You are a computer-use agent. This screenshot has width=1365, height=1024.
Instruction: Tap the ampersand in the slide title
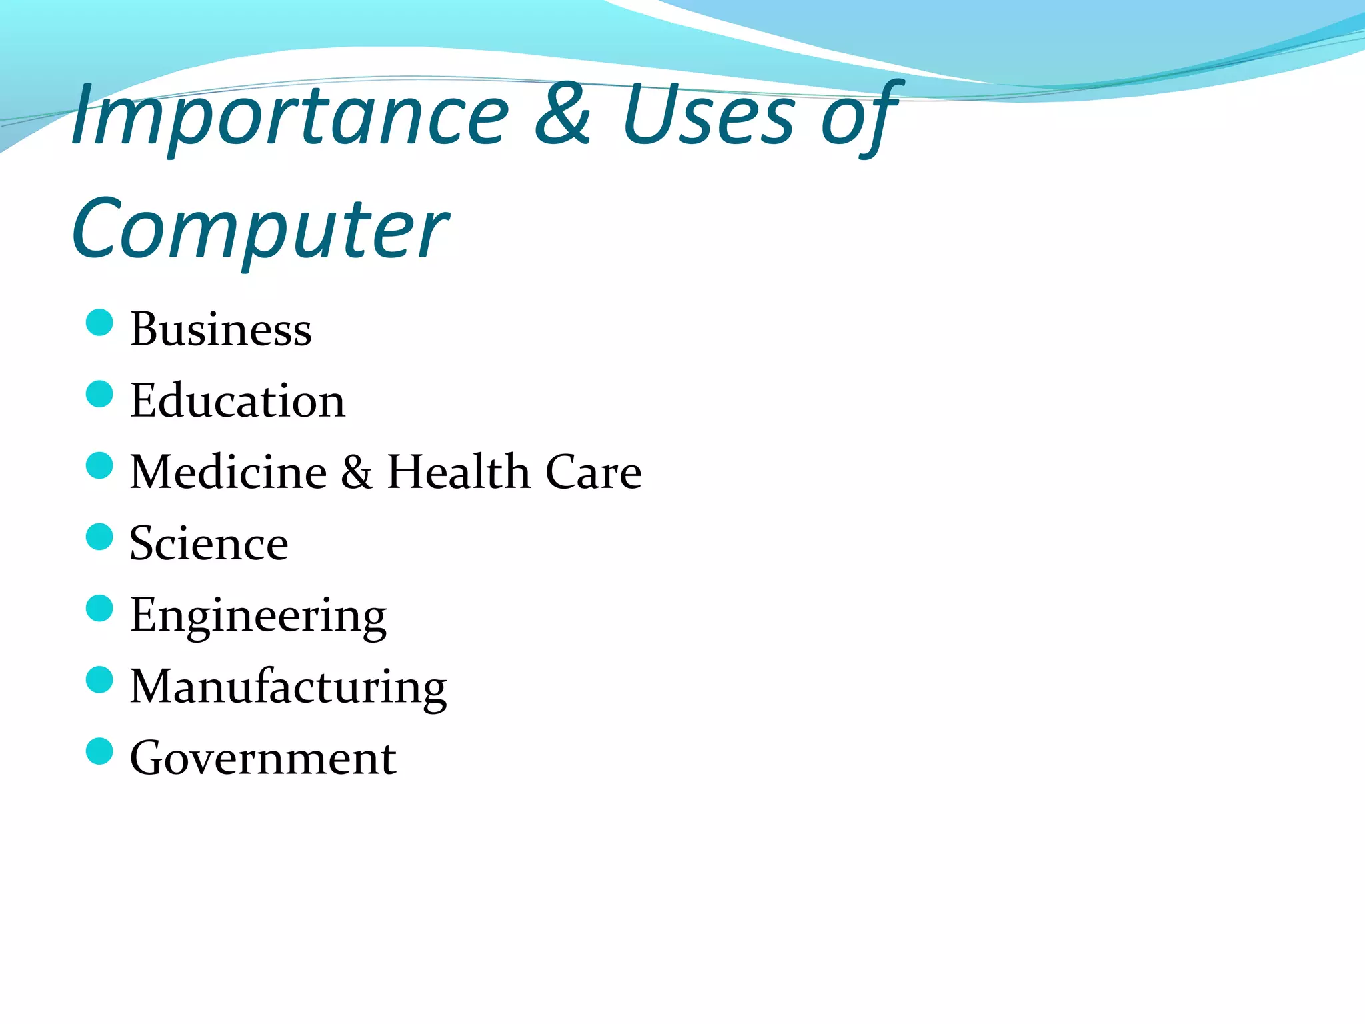point(562,115)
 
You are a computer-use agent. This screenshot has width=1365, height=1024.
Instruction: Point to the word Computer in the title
point(260,230)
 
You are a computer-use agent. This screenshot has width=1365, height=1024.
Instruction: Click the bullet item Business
point(221,329)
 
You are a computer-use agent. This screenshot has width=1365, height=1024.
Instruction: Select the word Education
point(237,401)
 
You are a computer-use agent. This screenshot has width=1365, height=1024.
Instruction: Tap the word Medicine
point(228,472)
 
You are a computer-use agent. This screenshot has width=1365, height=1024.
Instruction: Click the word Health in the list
point(458,472)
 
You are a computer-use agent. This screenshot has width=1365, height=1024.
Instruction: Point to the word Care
point(593,472)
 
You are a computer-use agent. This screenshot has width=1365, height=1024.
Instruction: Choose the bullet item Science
point(209,543)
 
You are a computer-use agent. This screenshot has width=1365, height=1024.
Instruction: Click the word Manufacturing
point(288,687)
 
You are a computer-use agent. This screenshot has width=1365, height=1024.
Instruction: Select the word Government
point(263,758)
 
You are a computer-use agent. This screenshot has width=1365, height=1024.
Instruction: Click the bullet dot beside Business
point(99,323)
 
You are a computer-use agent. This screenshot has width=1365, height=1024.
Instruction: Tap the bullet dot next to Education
point(99,394)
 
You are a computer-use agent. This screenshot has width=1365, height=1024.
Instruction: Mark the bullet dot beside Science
point(99,537)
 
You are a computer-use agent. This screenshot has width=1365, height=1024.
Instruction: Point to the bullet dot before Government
point(99,751)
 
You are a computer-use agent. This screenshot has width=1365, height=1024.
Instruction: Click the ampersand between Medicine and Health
point(357,472)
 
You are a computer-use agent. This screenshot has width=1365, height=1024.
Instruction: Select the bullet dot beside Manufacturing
point(99,680)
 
